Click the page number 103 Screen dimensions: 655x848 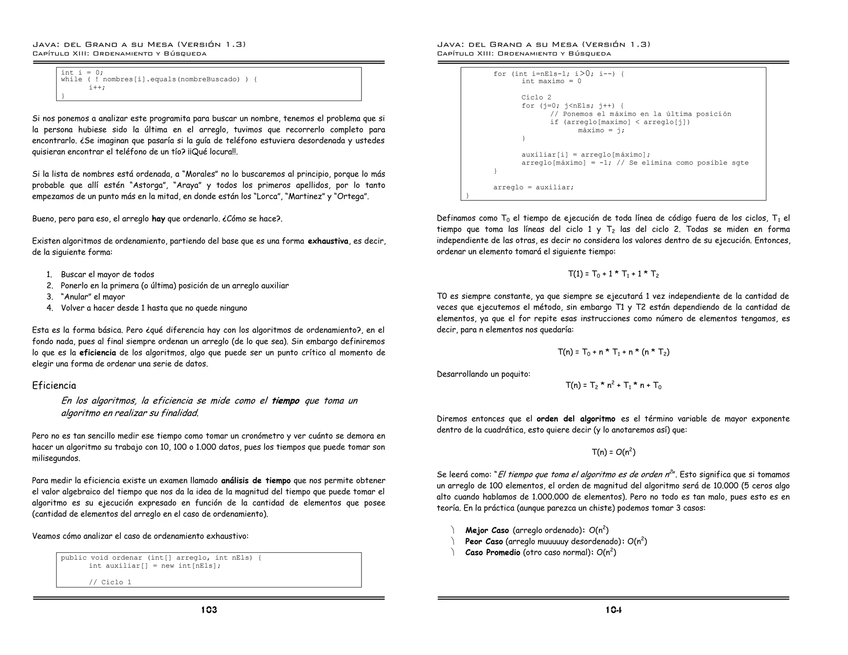click(209, 610)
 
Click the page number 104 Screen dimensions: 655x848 click(614, 610)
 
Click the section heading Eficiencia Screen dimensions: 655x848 click(54, 385)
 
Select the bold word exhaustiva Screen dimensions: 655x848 click(328, 241)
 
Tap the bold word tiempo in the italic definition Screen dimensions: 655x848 click(285, 401)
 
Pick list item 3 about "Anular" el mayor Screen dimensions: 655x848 click(93, 297)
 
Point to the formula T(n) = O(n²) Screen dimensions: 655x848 click(613, 452)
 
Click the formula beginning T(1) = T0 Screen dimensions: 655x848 click(613, 274)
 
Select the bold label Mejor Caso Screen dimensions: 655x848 click(487, 530)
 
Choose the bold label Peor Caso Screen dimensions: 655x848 click(484, 542)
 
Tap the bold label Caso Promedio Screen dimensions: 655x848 click(492, 553)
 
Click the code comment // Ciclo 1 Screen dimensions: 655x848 click(110, 582)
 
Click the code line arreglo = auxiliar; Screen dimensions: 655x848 click(533, 187)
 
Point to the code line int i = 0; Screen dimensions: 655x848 click(82, 72)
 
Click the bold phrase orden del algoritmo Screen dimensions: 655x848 click(576, 419)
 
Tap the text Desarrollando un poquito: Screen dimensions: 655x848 click(483, 374)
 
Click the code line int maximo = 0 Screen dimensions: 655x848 click(551, 81)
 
